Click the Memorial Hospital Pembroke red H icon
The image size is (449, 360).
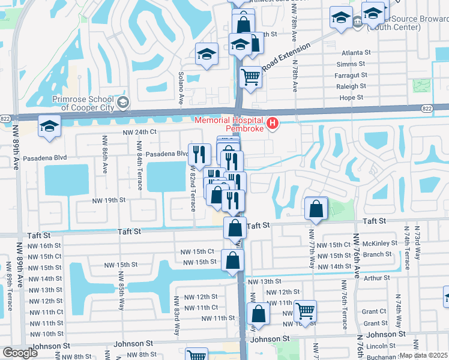point(273,124)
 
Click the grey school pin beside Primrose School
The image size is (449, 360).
point(123,102)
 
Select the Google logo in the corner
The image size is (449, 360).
point(20,353)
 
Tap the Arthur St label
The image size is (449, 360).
point(376,278)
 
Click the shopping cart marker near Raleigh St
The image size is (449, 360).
point(250,77)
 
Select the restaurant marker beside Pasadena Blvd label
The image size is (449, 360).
point(198,155)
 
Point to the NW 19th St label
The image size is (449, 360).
point(109,200)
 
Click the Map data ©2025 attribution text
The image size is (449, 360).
point(423,355)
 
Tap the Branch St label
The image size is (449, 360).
point(378,254)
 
